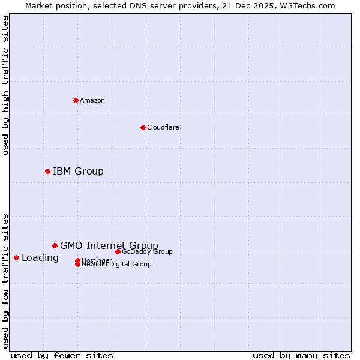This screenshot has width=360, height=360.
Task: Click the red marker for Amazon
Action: [76, 100]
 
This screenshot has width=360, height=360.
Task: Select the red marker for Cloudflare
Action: [143, 127]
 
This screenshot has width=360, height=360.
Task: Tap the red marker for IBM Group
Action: [47, 172]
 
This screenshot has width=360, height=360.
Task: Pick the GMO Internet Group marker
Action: [55, 245]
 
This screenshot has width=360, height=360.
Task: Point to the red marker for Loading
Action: [16, 257]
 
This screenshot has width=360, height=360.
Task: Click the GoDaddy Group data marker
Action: [118, 251]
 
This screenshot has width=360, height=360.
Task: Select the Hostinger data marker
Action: [77, 260]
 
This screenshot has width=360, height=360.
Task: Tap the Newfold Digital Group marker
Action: [77, 265]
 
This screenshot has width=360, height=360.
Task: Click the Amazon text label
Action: [92, 100]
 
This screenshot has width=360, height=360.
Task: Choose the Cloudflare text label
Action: [163, 127]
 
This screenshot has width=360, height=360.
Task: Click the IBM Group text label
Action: [78, 172]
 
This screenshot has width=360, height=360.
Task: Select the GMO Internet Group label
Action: [109, 245]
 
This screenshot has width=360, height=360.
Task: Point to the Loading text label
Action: [40, 258]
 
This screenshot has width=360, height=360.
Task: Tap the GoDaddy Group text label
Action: [147, 251]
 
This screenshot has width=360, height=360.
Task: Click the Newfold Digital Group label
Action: [116, 264]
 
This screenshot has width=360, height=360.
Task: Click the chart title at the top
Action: [180, 5]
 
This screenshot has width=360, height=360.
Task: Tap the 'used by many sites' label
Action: [301, 356]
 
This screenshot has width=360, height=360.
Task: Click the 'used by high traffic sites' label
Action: [5, 85]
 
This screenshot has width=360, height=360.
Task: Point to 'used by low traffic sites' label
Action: [5, 280]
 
